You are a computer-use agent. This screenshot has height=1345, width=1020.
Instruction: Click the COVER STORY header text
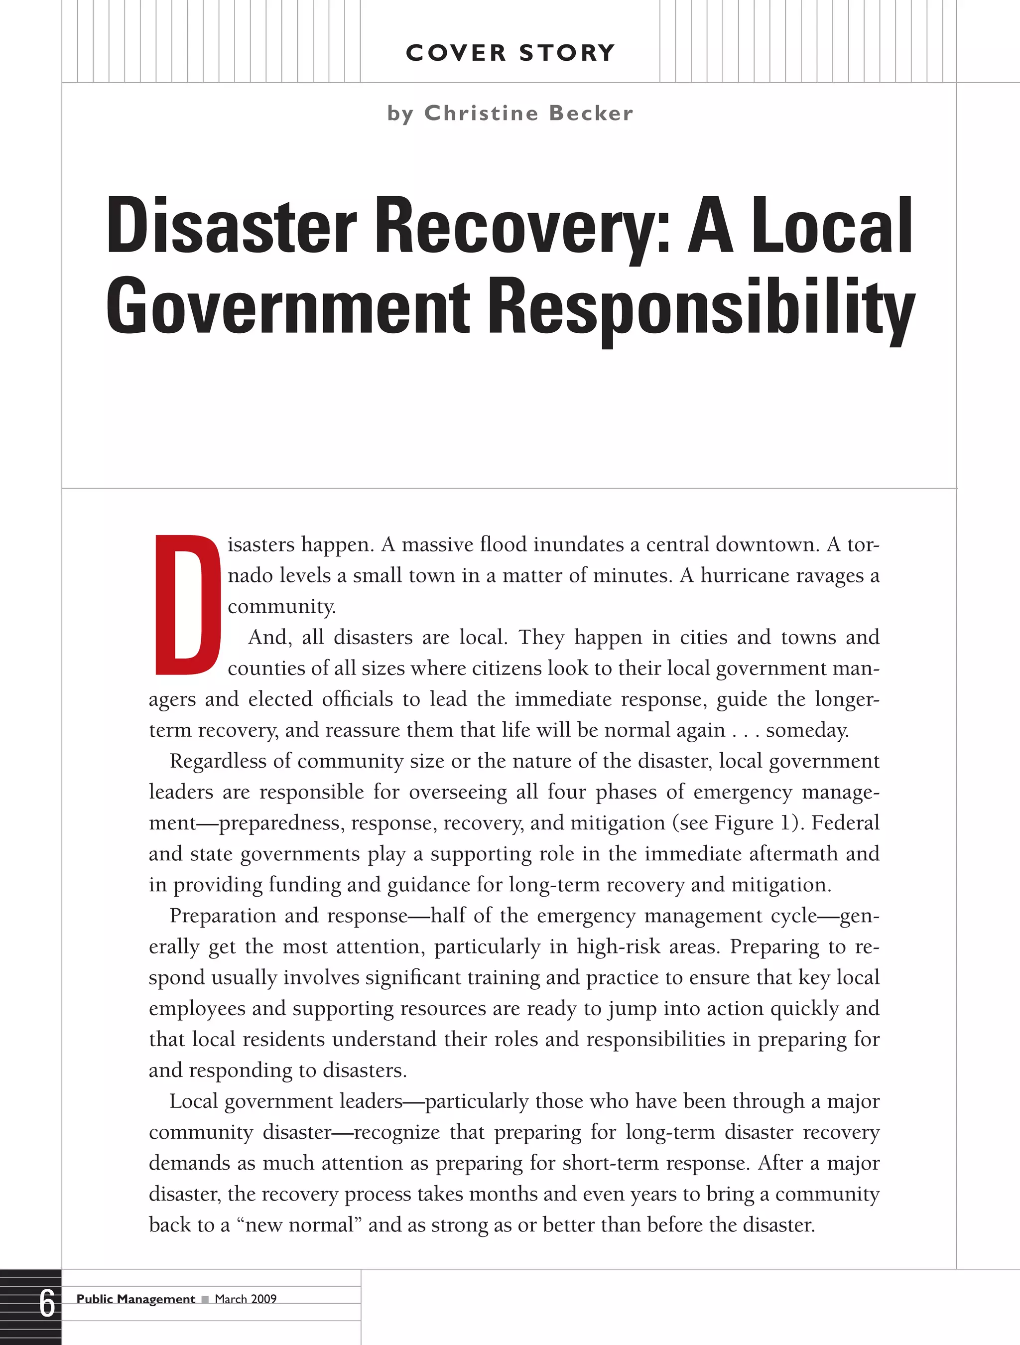coord(510,53)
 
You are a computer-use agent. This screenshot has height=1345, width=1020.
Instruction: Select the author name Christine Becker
coord(528,113)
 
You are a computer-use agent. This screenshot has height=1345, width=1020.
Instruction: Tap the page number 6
coord(47,1304)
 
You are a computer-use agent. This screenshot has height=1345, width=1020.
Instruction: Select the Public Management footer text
coord(135,1299)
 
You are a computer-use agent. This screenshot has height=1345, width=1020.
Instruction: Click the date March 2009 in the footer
coord(246,1299)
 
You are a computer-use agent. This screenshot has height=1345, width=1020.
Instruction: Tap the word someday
coord(807,730)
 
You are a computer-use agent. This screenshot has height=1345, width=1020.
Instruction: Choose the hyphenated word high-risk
coord(619,946)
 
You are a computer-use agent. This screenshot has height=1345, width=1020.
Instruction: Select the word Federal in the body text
coord(846,822)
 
